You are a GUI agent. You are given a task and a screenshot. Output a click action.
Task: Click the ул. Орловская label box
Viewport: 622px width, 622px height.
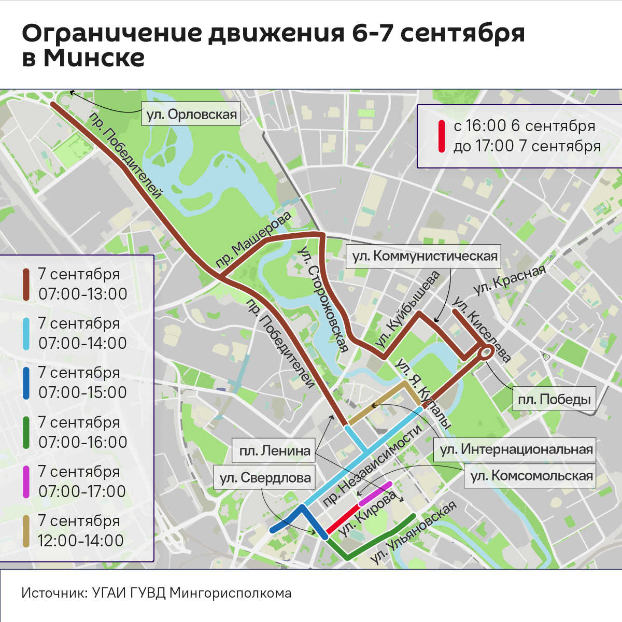(192, 114)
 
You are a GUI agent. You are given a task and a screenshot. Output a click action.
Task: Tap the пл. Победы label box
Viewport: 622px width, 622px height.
(555, 399)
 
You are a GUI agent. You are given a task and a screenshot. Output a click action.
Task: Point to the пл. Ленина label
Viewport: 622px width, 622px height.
(274, 451)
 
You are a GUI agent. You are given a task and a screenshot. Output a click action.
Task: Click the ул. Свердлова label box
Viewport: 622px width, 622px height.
(265, 477)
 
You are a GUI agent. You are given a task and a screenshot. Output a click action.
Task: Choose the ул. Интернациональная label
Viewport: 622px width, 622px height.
(516, 449)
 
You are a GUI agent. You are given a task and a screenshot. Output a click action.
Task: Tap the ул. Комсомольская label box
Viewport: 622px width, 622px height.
(531, 476)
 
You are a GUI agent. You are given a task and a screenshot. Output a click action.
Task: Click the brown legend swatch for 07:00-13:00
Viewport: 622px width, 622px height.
(26, 284)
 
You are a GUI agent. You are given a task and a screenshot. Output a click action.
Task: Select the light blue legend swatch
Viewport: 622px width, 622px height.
(26, 333)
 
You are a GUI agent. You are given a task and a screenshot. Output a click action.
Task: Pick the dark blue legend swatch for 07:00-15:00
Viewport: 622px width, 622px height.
(26, 383)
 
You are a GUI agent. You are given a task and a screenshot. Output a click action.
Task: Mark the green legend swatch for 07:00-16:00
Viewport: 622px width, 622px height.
(26, 432)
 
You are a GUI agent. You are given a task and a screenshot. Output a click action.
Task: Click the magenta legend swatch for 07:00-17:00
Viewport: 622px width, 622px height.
(26, 482)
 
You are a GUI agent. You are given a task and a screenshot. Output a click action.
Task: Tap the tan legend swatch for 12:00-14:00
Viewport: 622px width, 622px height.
(26, 531)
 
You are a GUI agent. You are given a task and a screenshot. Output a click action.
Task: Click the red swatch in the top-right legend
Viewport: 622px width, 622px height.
(442, 136)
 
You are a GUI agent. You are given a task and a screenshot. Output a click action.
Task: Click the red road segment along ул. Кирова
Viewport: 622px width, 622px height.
(343, 517)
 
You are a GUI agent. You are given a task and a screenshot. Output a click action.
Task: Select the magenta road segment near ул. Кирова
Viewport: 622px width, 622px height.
(375, 493)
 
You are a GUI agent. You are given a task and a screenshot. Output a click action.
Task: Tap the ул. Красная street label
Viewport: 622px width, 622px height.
(510, 280)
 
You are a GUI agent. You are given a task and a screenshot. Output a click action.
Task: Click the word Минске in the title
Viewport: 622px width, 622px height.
(94, 58)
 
